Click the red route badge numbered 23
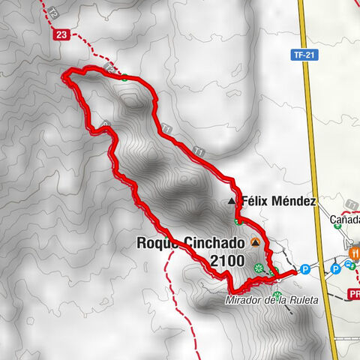pyautogui.click(x=61, y=34)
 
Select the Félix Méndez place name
pyautogui.click(x=278, y=202)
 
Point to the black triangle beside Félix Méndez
pyautogui.click(x=231, y=202)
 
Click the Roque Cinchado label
pyautogui.click(x=190, y=243)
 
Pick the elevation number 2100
pyautogui.click(x=229, y=261)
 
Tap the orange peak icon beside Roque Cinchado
pyautogui.click(x=256, y=242)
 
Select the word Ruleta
pyautogui.click(x=302, y=301)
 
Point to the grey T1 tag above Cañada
pyautogui.click(x=351, y=204)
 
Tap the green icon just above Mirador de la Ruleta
pyautogui.click(x=277, y=293)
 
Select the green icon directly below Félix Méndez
pyautogui.click(x=238, y=221)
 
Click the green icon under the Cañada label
pyautogui.click(x=337, y=247)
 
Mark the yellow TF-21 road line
pyautogui.click(x=311, y=150)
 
